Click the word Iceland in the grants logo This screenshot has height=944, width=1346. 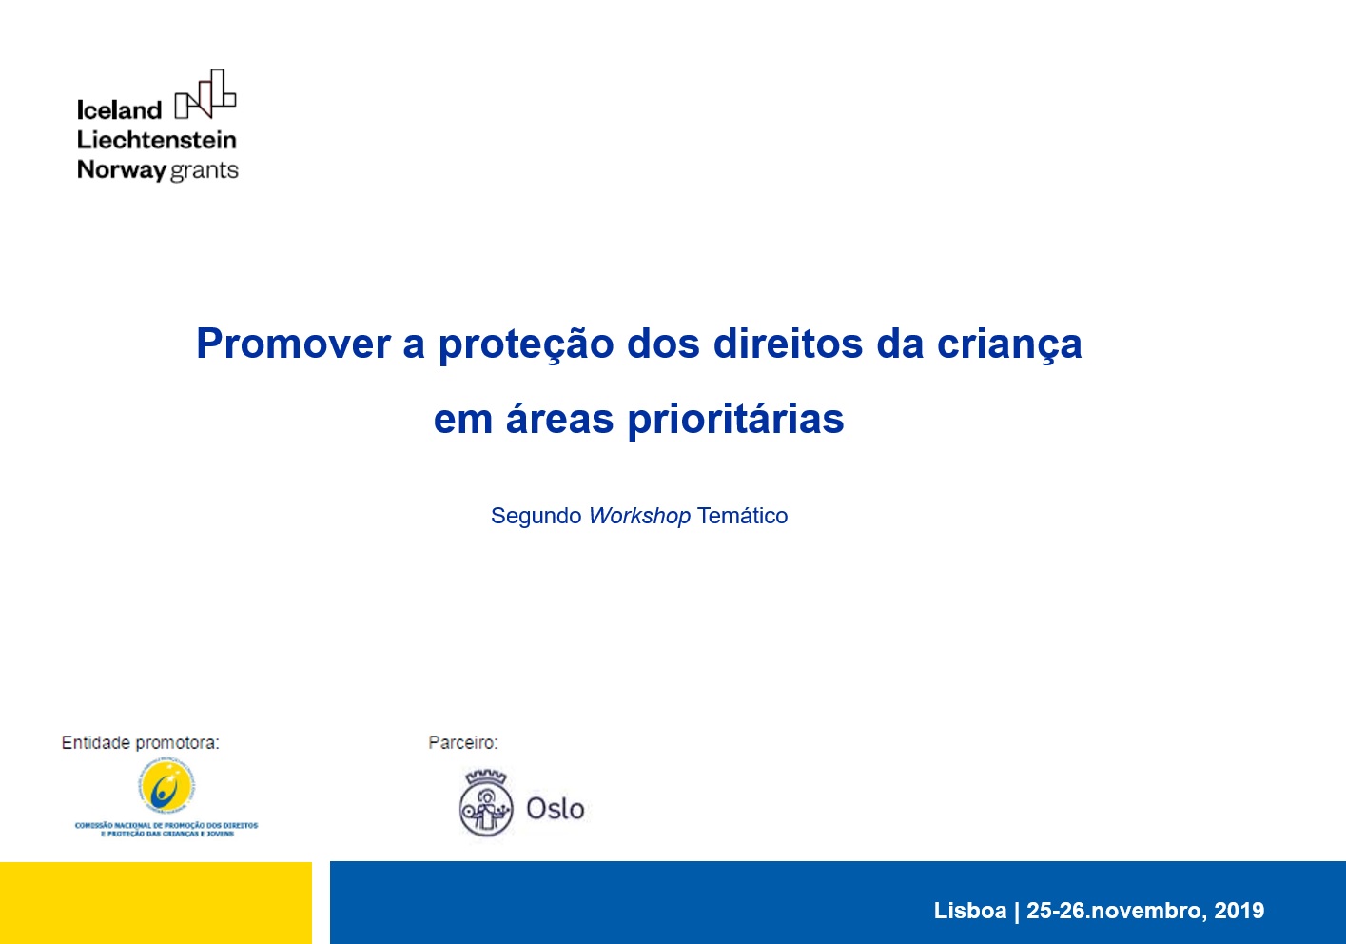pos(119,110)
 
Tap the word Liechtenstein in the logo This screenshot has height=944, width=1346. pos(157,140)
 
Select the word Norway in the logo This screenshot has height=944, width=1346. pos(121,170)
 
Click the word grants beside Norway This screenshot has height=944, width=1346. pos(204,171)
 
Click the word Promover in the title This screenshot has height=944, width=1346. pos(293,344)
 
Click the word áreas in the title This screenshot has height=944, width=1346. pos(559,419)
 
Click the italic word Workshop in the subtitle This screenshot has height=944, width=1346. pos(639,516)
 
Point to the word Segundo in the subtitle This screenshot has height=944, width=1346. pos(536,516)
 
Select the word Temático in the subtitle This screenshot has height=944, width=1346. pos(742,516)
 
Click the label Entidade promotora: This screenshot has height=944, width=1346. pos(140,743)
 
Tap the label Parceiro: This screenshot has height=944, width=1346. pos(463,743)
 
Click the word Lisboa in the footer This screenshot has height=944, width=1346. pos(969,911)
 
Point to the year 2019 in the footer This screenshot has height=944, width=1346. pos(1239,911)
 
